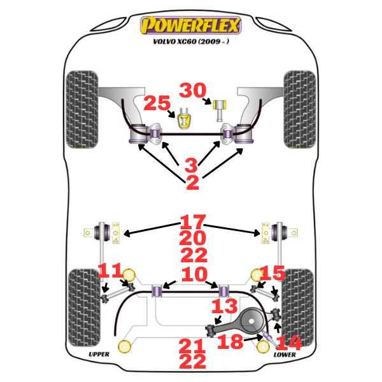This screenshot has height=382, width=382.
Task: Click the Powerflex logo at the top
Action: [191, 25]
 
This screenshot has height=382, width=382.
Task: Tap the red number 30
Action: [192, 91]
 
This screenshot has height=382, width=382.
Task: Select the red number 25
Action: [157, 103]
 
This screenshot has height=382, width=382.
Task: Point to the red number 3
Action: [192, 166]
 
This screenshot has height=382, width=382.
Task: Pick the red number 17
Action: [193, 222]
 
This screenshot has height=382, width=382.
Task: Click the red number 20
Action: [193, 239]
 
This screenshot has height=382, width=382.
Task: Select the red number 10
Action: [193, 274]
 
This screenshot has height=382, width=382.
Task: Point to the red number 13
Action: [224, 308]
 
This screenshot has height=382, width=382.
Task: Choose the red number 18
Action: [230, 342]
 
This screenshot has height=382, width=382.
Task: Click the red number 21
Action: [192, 346]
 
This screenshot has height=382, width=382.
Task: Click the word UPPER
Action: [99, 354]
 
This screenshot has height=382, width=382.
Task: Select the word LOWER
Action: [284, 354]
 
